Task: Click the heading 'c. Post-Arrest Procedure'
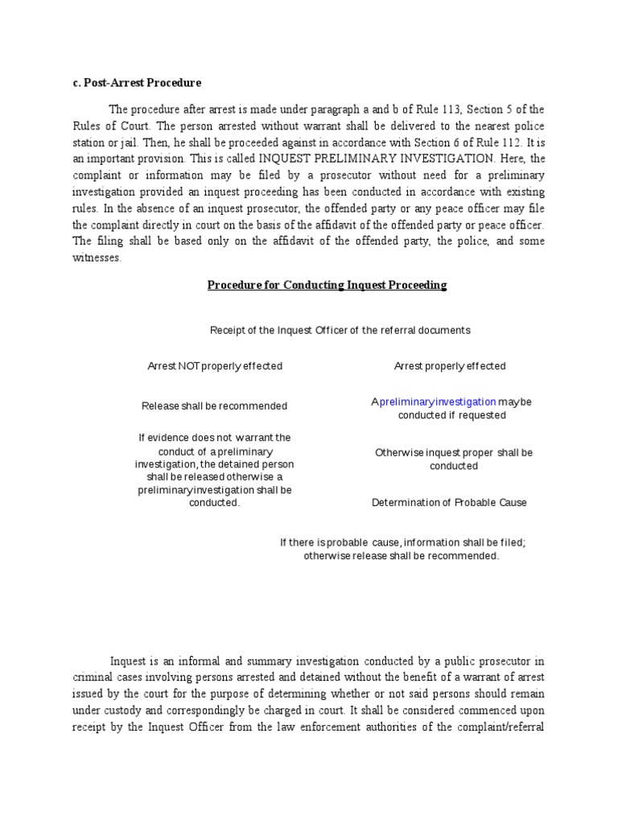point(137,83)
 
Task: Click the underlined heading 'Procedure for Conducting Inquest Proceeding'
point(327,286)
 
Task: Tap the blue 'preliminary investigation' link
point(438,402)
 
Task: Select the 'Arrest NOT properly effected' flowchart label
point(215,366)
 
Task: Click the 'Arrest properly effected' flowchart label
point(450,366)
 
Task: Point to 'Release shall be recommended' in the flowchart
point(214,406)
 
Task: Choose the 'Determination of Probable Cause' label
point(449,503)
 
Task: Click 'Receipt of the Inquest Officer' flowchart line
point(340,330)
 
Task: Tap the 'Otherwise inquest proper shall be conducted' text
point(454,459)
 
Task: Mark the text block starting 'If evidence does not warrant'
point(214,470)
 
